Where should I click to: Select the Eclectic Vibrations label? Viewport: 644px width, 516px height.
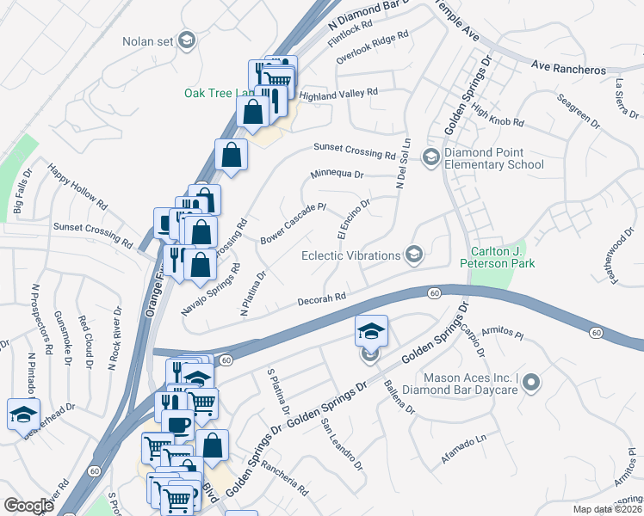pos(350,255)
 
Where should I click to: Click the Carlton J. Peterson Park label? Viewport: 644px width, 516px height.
pos(502,257)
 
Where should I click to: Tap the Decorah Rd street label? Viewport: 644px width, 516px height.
pos(322,298)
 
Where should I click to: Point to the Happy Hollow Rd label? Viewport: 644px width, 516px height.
pos(78,187)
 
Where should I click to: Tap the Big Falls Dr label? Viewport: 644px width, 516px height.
pos(22,191)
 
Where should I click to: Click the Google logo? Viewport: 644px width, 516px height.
pos(29,505)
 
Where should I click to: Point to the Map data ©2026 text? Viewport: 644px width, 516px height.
pos(607,509)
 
